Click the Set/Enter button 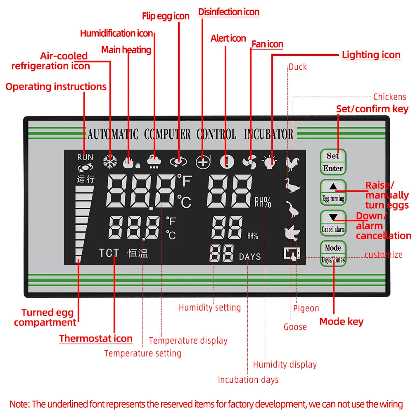333,162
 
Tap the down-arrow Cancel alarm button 333,223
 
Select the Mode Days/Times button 333,254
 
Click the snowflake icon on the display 110,162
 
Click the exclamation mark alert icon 226,162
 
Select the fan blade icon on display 249,162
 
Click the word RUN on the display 85,157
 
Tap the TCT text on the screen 109,253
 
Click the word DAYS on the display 250,256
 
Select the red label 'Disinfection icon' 229,12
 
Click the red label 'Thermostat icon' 96,339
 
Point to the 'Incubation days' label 248,380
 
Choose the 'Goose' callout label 295,327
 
